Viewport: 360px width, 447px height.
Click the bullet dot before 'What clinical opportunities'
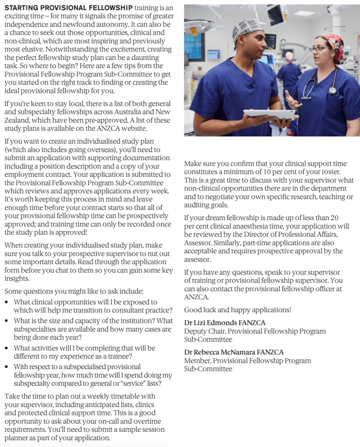coord(6,302)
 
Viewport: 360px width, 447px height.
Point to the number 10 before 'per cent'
coord(265,172)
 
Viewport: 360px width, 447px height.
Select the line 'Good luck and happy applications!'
coord(237,310)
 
